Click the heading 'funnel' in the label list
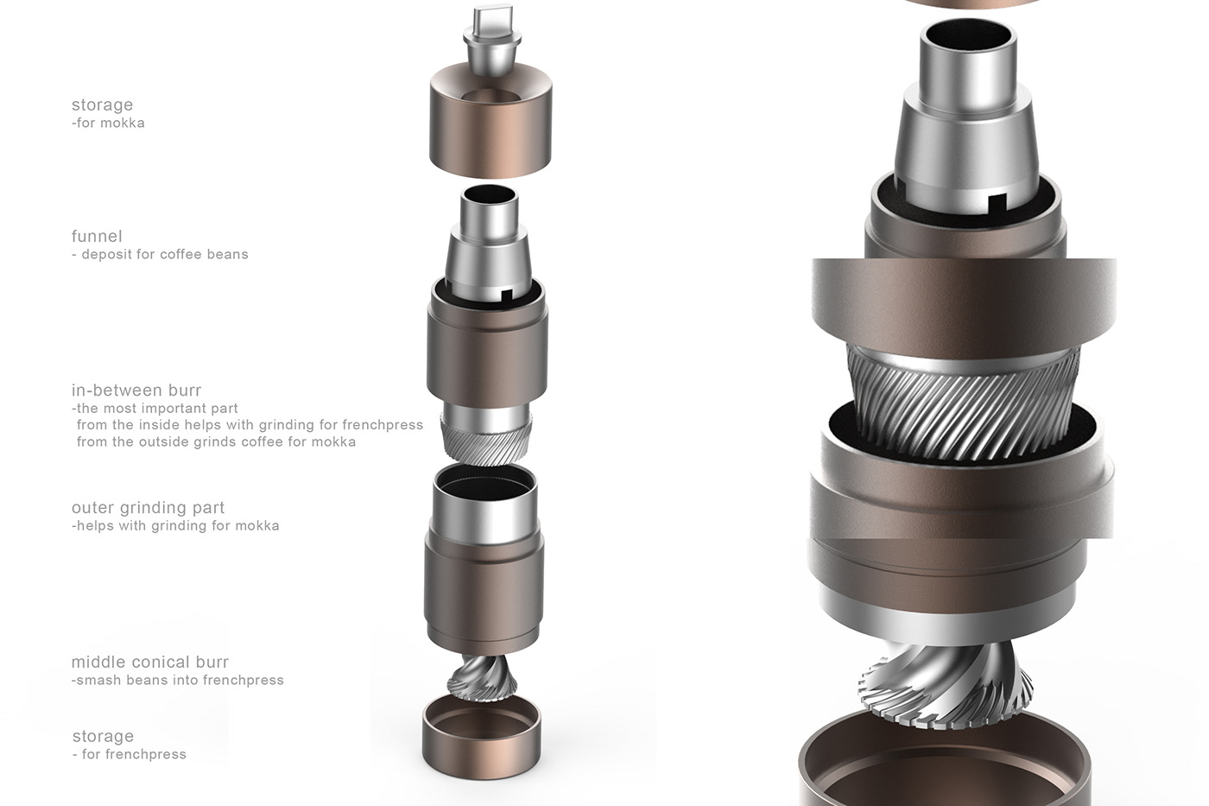(97, 236)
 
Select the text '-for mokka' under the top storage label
(108, 123)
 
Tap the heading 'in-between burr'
(136, 390)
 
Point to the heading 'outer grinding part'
(148, 507)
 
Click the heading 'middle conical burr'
(150, 662)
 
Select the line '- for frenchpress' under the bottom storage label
(130, 754)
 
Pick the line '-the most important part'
(155, 408)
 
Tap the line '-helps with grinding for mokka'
(175, 525)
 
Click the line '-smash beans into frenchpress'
(178, 680)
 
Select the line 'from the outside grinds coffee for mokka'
(216, 441)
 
